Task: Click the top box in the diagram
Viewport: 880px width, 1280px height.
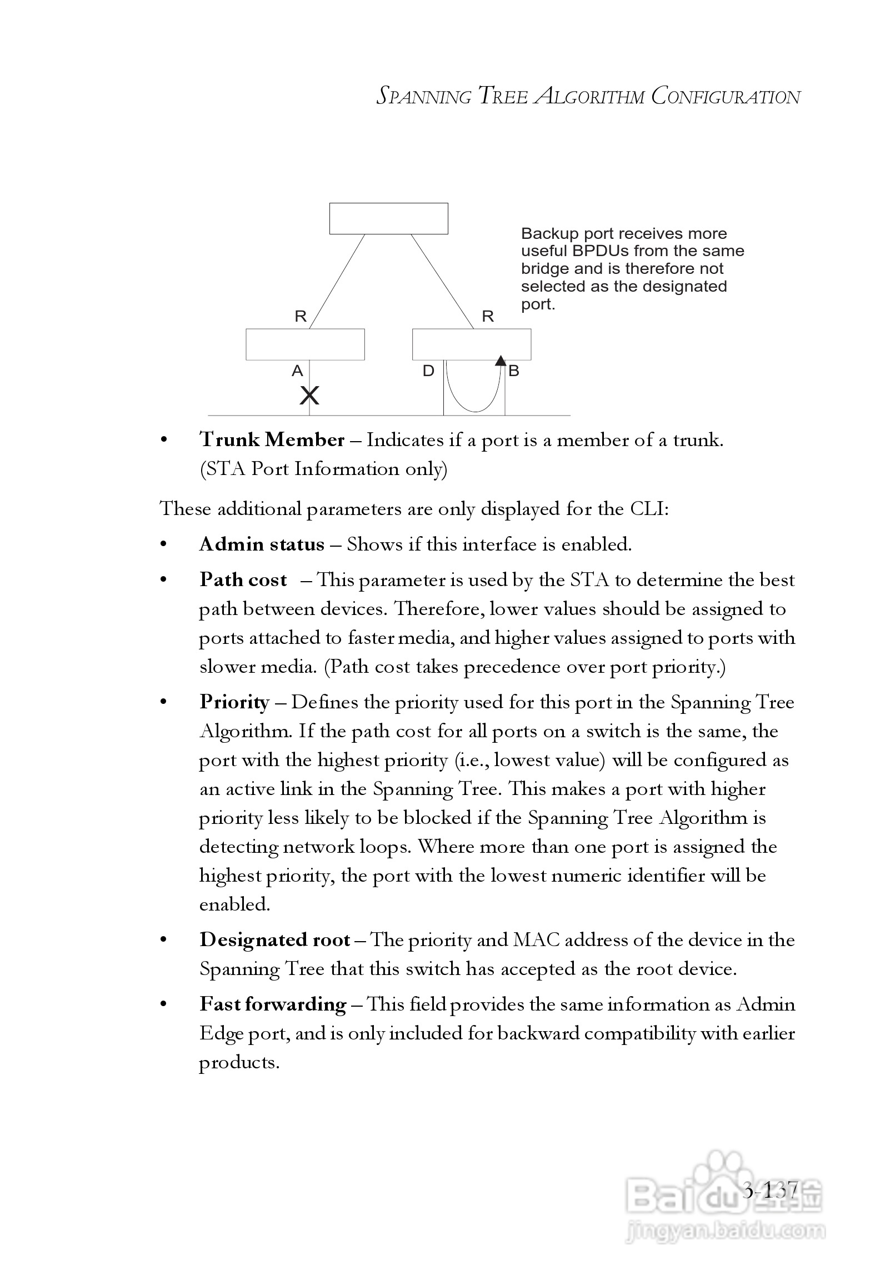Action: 388,218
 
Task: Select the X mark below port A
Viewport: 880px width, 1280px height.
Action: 309,396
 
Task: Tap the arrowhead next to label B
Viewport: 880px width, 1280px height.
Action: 501,361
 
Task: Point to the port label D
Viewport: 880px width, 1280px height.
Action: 428,371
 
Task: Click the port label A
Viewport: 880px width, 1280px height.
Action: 297,371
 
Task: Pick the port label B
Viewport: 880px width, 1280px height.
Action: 514,371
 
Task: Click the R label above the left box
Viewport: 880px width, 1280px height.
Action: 301,316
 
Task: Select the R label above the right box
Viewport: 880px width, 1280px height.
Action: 488,316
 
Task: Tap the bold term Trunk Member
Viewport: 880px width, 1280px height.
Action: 272,440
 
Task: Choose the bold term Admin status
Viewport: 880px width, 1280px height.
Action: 262,544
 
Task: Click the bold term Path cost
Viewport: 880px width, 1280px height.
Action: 243,579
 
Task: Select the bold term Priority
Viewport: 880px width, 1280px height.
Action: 234,702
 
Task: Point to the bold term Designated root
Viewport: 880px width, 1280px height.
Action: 275,940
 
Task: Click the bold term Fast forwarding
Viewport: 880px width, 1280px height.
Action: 273,1004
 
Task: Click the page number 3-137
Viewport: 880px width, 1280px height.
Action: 770,1191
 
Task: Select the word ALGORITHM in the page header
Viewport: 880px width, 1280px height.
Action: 589,97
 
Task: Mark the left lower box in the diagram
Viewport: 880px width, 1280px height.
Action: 305,344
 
